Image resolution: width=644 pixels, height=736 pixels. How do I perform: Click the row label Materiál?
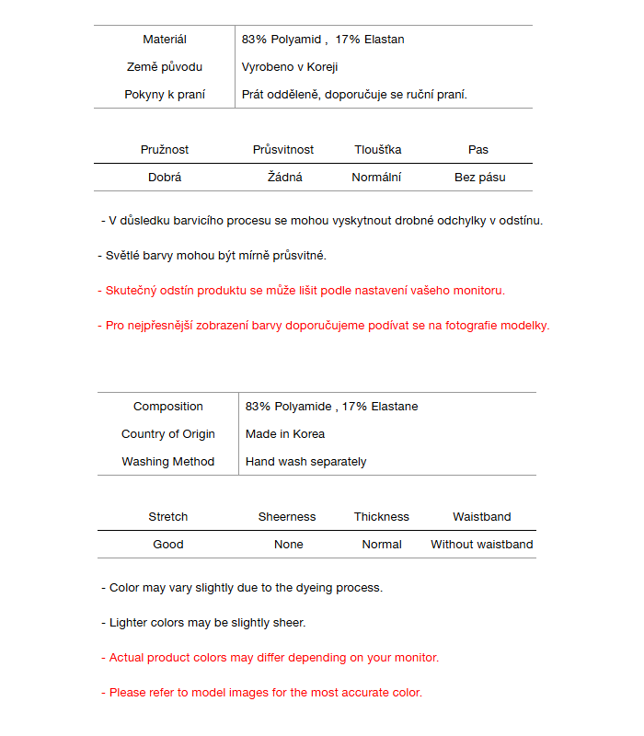pyautogui.click(x=165, y=40)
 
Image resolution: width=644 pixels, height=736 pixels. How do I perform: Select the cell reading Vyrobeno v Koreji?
pyautogui.click(x=290, y=67)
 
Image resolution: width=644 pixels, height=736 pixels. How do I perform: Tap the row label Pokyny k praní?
pyautogui.click(x=165, y=95)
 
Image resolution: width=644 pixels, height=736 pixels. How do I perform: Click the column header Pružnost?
pyautogui.click(x=165, y=150)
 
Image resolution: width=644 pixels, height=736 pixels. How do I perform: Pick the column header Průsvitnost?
pyautogui.click(x=283, y=150)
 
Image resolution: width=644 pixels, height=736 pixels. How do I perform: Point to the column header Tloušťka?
pyautogui.click(x=378, y=150)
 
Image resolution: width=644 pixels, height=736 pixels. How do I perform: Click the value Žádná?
pyautogui.click(x=285, y=178)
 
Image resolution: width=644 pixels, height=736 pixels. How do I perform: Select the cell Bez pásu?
pyautogui.click(x=480, y=178)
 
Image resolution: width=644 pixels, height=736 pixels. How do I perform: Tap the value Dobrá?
pyautogui.click(x=165, y=178)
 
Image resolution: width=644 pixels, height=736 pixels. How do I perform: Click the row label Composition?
pyautogui.click(x=168, y=407)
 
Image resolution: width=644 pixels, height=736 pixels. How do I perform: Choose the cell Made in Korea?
pyautogui.click(x=285, y=434)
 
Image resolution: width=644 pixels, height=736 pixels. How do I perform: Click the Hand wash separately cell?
pyautogui.click(x=306, y=462)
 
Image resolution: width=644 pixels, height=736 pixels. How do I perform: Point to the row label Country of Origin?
pyautogui.click(x=168, y=434)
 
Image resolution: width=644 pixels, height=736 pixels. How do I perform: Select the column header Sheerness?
pyautogui.click(x=287, y=517)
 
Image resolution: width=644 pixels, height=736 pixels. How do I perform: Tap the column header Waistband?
pyautogui.click(x=482, y=517)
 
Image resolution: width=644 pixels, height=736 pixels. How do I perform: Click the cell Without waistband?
pyautogui.click(x=482, y=545)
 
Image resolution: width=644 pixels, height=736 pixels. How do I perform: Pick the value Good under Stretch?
pyautogui.click(x=168, y=545)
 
